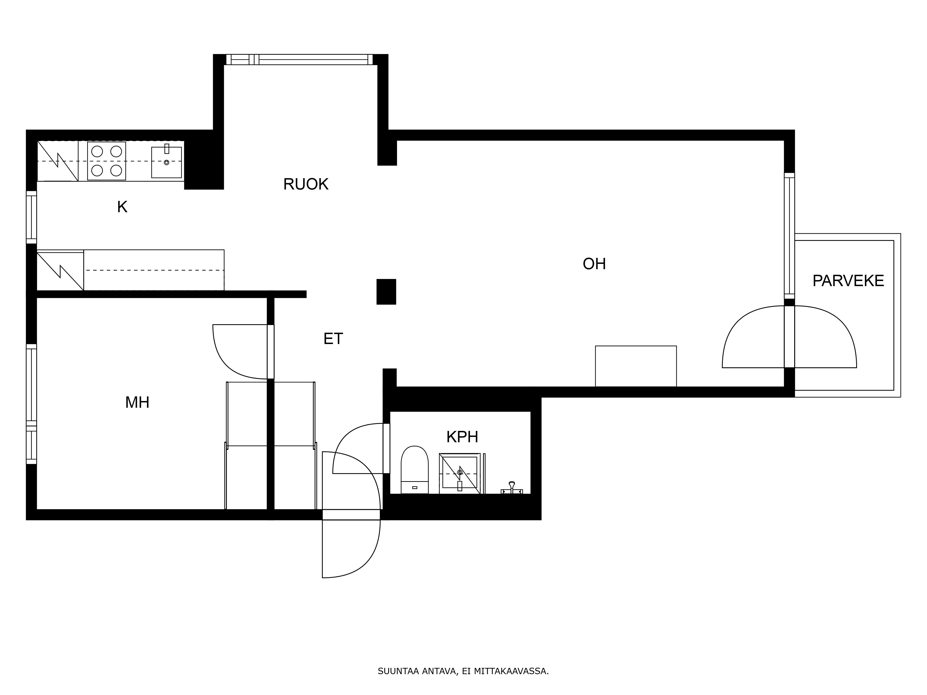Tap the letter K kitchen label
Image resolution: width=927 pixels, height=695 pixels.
click(x=122, y=207)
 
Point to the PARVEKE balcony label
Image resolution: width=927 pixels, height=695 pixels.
click(x=848, y=281)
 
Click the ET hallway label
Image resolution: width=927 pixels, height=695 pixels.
click(x=333, y=338)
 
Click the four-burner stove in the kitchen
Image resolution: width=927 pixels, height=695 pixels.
click(x=106, y=161)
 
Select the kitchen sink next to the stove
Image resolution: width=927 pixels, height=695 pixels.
click(x=166, y=162)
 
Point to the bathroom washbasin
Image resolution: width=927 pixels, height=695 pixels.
click(x=459, y=473)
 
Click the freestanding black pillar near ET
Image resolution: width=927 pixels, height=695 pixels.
click(x=386, y=292)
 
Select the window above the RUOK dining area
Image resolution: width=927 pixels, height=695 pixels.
click(x=299, y=60)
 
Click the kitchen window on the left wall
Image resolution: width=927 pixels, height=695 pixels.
click(x=32, y=217)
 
